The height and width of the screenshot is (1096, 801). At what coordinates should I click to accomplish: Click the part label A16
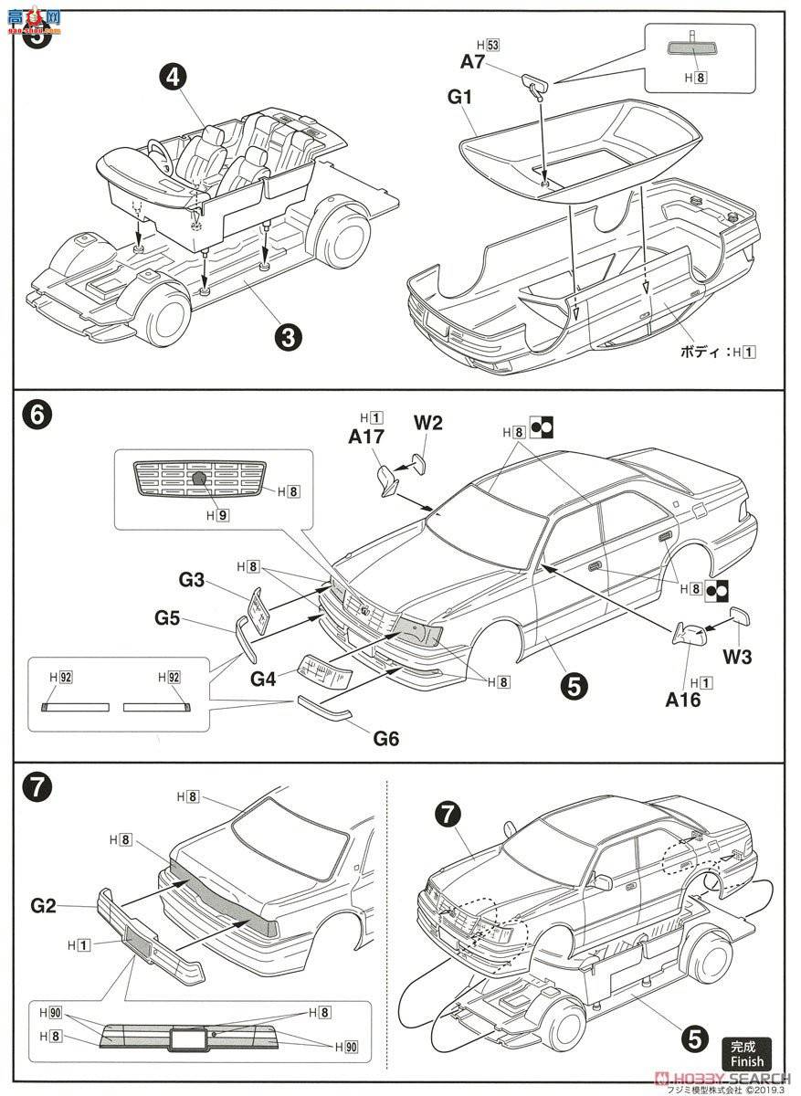point(681,700)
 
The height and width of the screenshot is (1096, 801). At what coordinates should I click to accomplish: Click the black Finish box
point(746,1051)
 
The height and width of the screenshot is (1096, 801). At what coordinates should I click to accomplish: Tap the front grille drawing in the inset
point(198,479)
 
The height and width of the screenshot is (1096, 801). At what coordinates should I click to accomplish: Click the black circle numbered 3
point(289,337)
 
